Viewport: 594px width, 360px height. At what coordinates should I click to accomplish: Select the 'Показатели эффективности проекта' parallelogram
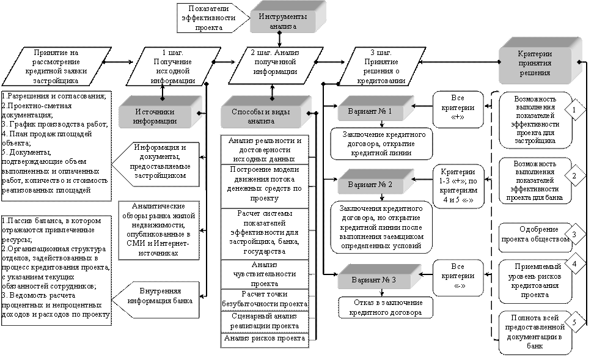[208, 18]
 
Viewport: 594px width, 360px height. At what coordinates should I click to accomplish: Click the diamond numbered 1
[574, 110]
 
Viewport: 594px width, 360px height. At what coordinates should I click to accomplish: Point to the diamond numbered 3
[574, 234]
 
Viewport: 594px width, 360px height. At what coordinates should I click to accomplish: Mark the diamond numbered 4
[574, 264]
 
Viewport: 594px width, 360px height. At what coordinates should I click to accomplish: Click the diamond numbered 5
[574, 322]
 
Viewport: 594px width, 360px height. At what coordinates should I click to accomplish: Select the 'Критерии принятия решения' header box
[535, 63]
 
